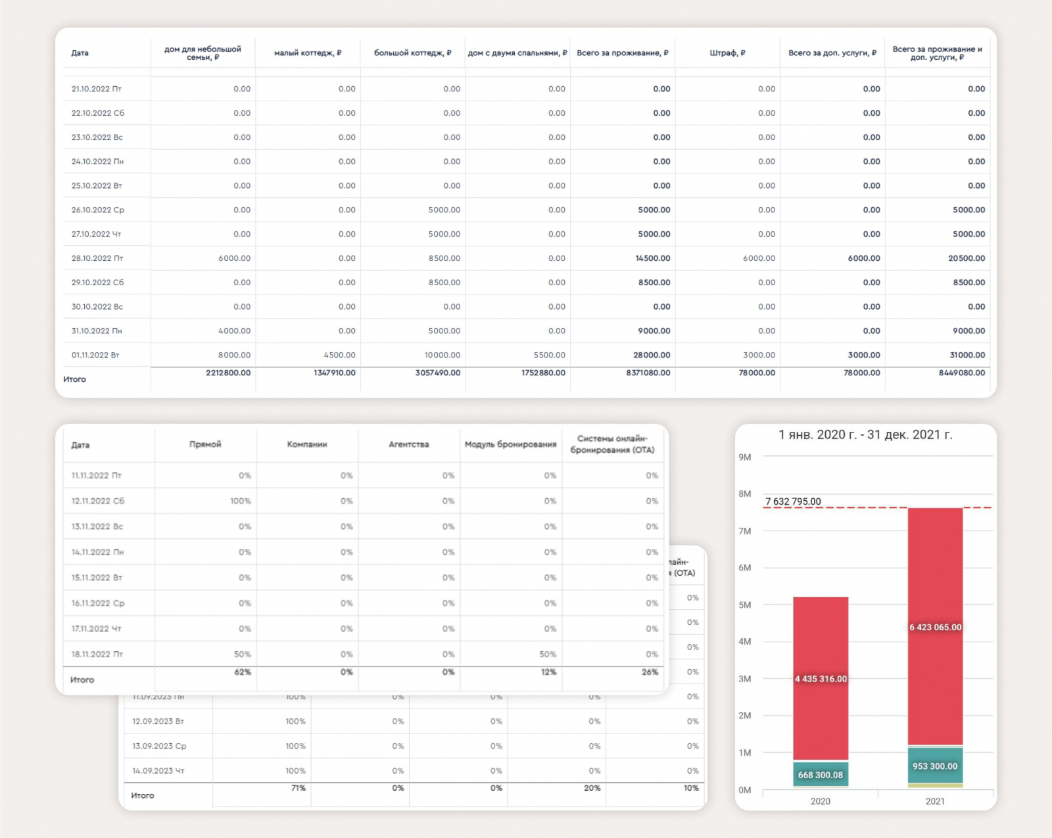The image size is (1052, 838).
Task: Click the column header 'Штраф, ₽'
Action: (727, 53)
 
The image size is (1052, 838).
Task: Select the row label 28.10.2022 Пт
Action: (97, 258)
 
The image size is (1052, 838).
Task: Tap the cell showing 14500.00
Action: (652, 258)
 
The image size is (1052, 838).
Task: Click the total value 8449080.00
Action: (961, 373)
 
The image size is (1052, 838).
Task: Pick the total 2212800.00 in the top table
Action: (228, 373)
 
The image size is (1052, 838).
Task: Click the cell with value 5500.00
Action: (549, 355)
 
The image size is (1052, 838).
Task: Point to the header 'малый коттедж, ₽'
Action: (308, 53)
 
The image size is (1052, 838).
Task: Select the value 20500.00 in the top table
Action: (966, 258)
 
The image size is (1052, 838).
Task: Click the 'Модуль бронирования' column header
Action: (510, 444)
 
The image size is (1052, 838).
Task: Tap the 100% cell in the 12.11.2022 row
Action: (240, 501)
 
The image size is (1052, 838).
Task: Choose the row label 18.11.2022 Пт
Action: (97, 654)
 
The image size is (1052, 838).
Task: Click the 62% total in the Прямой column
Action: (243, 672)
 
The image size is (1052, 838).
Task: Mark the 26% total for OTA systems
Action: (650, 672)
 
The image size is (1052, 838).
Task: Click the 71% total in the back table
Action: (298, 788)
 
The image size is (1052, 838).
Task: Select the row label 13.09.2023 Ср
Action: (159, 746)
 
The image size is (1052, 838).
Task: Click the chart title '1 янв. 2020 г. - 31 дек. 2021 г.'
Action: (865, 434)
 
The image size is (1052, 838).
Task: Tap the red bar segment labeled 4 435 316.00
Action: (821, 679)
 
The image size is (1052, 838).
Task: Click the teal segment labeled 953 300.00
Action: (935, 766)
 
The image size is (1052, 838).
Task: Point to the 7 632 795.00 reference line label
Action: (793, 501)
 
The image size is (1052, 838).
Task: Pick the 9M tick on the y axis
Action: (744, 457)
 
